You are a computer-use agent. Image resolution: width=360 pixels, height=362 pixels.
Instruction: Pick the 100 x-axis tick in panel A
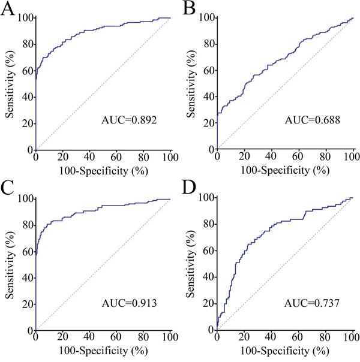tap(170, 158)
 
